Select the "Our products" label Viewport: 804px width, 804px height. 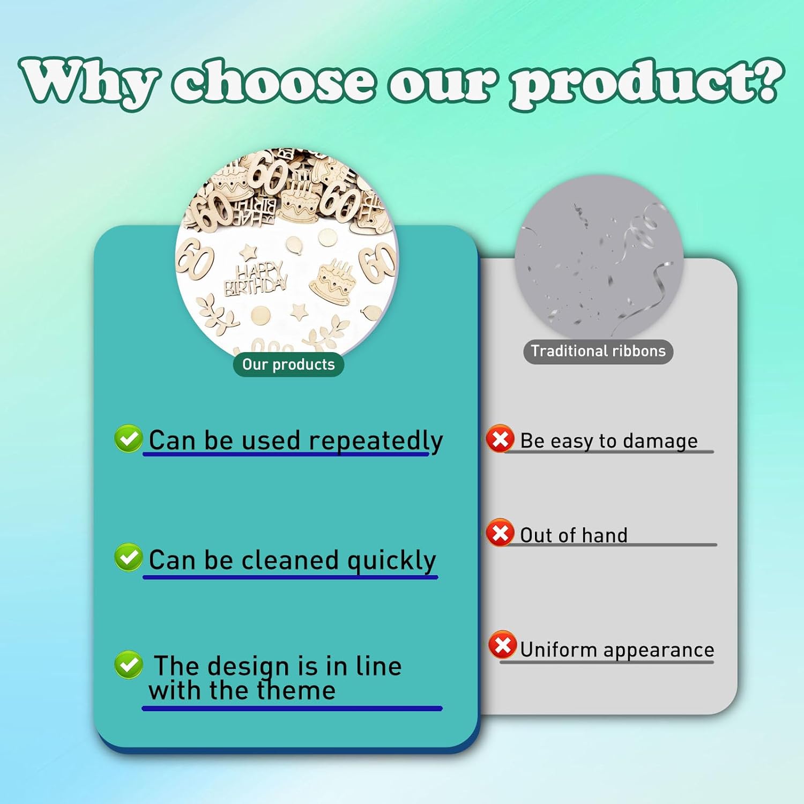click(x=288, y=364)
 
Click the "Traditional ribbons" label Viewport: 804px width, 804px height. click(x=598, y=351)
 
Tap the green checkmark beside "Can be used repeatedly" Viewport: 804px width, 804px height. click(x=128, y=438)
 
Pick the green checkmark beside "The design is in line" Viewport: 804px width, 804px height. click(x=128, y=665)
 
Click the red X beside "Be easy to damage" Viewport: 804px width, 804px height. click(x=500, y=440)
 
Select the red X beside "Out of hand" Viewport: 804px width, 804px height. click(x=500, y=533)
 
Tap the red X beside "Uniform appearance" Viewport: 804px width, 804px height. click(x=502, y=645)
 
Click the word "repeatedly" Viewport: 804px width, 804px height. click(x=376, y=442)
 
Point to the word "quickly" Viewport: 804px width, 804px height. click(x=392, y=561)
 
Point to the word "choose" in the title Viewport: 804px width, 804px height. click(x=273, y=80)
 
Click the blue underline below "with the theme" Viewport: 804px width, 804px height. click(x=292, y=709)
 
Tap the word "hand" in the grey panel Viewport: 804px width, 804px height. click(x=605, y=535)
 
